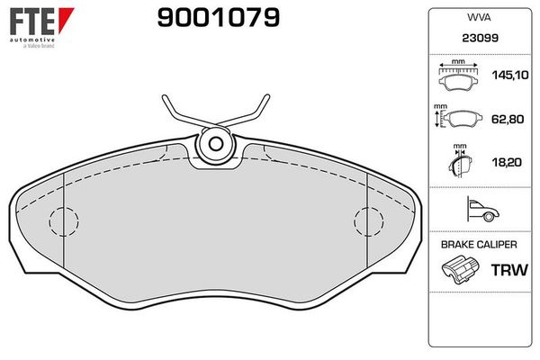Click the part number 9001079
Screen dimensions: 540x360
[x=219, y=18]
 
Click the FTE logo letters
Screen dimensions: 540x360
[x=32, y=21]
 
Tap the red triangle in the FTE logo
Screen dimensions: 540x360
[x=66, y=19]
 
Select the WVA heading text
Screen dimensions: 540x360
[x=479, y=18]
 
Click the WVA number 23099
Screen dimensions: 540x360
[x=480, y=38]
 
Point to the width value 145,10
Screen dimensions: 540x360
[x=510, y=75]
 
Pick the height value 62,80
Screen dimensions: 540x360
[x=508, y=119]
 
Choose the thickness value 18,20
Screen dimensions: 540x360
[x=507, y=162]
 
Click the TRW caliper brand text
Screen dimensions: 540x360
[x=509, y=270]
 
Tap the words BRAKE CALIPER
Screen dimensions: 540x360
[x=479, y=245]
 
